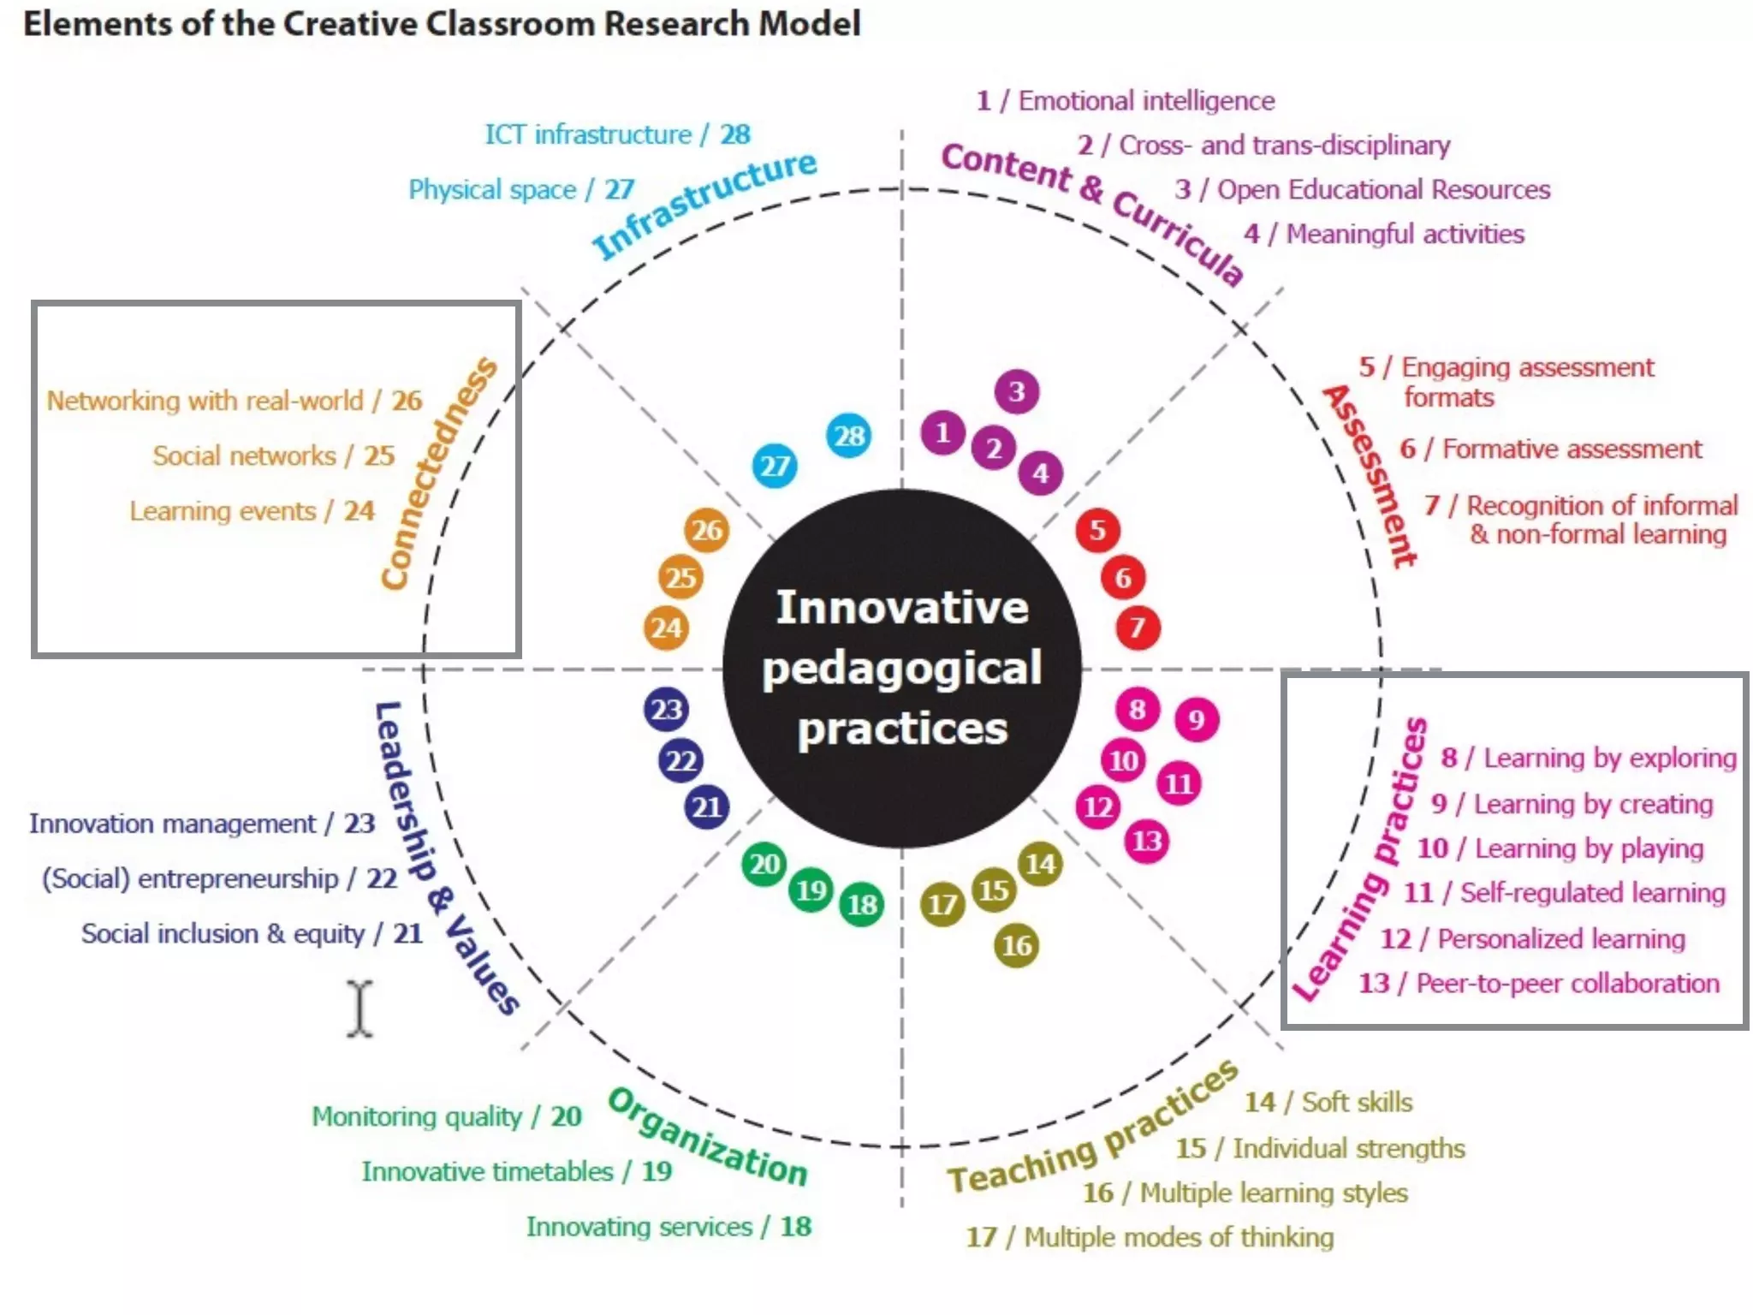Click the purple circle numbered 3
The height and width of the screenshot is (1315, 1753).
pyautogui.click(x=1016, y=392)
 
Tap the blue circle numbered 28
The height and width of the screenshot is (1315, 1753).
pyautogui.click(x=848, y=436)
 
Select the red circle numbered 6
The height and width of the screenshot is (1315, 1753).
pyautogui.click(x=1122, y=578)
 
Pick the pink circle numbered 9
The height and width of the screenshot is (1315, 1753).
pyautogui.click(x=1196, y=720)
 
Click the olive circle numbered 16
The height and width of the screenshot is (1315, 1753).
pyautogui.click(x=1016, y=945)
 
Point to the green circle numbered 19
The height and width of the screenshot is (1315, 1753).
pyautogui.click(x=811, y=890)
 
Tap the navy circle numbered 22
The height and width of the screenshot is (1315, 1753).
pyautogui.click(x=680, y=760)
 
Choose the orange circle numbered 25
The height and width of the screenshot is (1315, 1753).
pyautogui.click(x=680, y=578)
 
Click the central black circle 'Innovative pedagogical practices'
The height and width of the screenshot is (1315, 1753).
pyautogui.click(x=901, y=668)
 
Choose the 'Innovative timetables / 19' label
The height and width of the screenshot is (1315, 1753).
pyautogui.click(x=516, y=1171)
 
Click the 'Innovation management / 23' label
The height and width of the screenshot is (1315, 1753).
pyautogui.click(x=202, y=824)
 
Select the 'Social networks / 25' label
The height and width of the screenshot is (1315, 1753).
pyautogui.click(x=273, y=455)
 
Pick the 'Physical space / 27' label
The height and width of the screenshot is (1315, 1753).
pyautogui.click(x=520, y=189)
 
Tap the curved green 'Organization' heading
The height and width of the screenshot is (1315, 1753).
pyautogui.click(x=708, y=1139)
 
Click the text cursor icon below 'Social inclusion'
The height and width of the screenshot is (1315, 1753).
pyautogui.click(x=360, y=1009)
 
